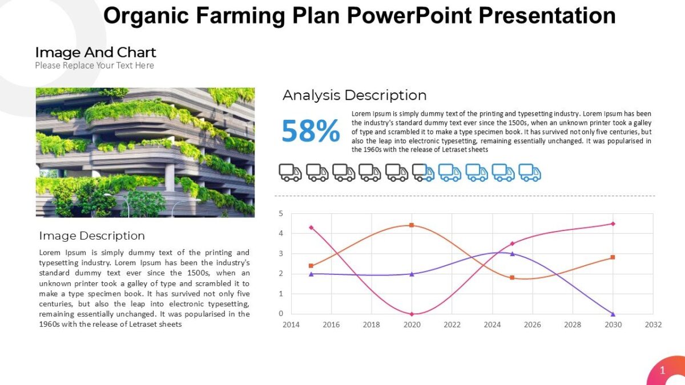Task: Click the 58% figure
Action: click(x=311, y=131)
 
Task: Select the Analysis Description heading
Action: click(x=354, y=95)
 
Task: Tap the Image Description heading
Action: click(x=92, y=236)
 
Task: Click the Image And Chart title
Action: click(x=95, y=52)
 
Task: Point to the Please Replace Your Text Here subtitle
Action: click(x=94, y=66)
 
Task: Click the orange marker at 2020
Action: click(x=412, y=225)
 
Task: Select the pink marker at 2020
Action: click(x=412, y=314)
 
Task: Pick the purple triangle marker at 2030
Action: click(x=613, y=314)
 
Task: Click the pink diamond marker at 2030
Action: click(x=613, y=224)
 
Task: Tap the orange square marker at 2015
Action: click(x=311, y=266)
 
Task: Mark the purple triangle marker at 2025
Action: click(x=512, y=253)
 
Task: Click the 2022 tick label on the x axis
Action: click(x=452, y=325)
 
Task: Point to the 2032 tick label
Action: click(x=653, y=325)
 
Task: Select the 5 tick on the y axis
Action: click(x=281, y=214)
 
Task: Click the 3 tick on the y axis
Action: click(x=281, y=254)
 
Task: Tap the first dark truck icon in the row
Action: click(x=290, y=172)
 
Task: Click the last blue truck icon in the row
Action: click(x=529, y=172)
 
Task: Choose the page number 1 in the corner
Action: click(x=662, y=371)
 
